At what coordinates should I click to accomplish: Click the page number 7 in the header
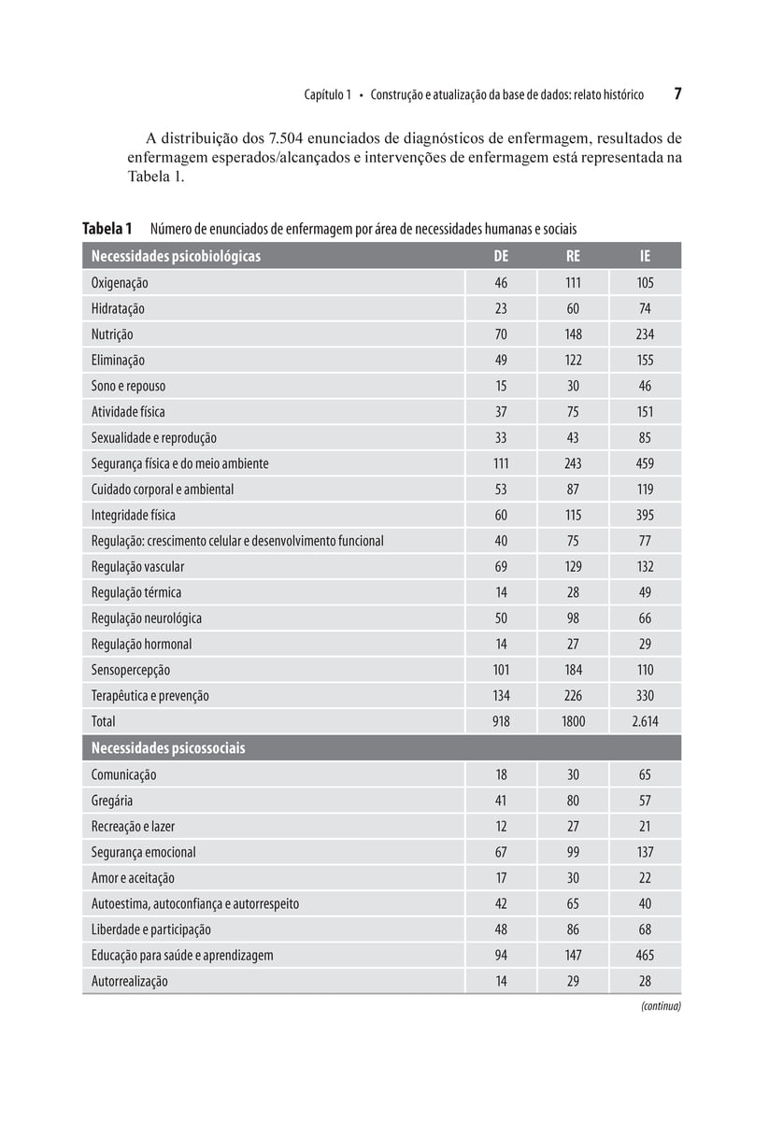pos(677,94)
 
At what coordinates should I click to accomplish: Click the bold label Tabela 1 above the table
pos(107,229)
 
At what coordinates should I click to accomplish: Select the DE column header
pos(502,256)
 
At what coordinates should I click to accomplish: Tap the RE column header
pos(573,256)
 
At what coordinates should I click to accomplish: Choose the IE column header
pos(645,256)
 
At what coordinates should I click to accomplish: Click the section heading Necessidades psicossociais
pos(168,748)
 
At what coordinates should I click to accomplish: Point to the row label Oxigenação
pos(120,283)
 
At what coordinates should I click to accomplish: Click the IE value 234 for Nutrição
pos(645,334)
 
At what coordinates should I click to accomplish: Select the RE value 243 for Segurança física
pos(573,463)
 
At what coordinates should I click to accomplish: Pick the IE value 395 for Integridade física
pos(645,515)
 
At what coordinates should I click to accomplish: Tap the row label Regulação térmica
pos(136,592)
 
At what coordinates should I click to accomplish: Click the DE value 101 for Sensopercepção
pos(502,670)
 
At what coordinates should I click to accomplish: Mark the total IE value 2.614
pos(645,721)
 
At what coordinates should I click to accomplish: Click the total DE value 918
pos(502,721)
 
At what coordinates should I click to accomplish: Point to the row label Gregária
pos(112,801)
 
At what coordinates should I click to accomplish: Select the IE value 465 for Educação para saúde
pos(645,956)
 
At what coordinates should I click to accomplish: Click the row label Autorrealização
pos(130,982)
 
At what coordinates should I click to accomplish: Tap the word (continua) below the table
pos(661,1006)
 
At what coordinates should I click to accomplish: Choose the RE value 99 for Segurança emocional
pos(573,852)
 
